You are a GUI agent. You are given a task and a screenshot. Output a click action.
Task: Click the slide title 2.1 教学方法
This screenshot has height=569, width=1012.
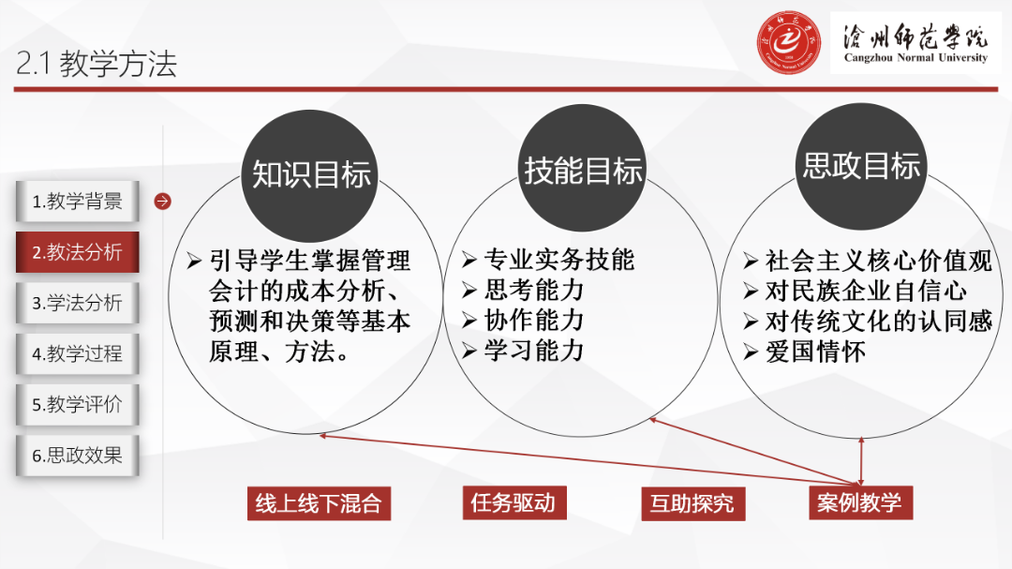pos(97,64)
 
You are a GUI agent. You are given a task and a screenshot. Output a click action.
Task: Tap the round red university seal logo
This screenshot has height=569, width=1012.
pos(789,44)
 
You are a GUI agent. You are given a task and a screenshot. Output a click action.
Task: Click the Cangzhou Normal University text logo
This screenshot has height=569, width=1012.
pos(915,44)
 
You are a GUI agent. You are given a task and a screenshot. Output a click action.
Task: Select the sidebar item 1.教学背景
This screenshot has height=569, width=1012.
pos(77,202)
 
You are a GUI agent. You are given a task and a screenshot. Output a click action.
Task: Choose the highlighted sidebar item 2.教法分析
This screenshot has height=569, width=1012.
pos(77,252)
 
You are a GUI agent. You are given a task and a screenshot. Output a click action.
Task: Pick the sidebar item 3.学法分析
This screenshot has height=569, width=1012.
pos(77,303)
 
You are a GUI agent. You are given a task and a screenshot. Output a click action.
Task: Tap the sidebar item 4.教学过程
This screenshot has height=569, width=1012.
pos(77,354)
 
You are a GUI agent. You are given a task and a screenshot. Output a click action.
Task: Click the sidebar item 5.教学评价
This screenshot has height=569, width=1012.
pos(77,405)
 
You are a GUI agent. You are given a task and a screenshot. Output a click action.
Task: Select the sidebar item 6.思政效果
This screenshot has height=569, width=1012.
pos(77,456)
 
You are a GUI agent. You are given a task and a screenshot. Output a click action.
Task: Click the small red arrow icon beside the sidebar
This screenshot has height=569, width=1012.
pos(162,201)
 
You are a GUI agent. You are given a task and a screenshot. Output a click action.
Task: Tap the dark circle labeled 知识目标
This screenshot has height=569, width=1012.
pos(311,172)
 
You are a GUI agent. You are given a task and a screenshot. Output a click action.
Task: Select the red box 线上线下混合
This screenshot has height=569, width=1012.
pos(319,503)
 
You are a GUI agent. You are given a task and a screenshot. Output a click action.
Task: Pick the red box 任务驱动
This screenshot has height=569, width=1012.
pos(513,503)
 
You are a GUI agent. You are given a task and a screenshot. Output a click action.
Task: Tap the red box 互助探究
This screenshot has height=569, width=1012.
pos(692,504)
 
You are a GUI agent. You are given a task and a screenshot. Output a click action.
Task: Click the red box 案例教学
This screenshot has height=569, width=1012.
pos(859,502)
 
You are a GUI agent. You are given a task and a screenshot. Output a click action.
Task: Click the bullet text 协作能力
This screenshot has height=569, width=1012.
pos(533,320)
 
